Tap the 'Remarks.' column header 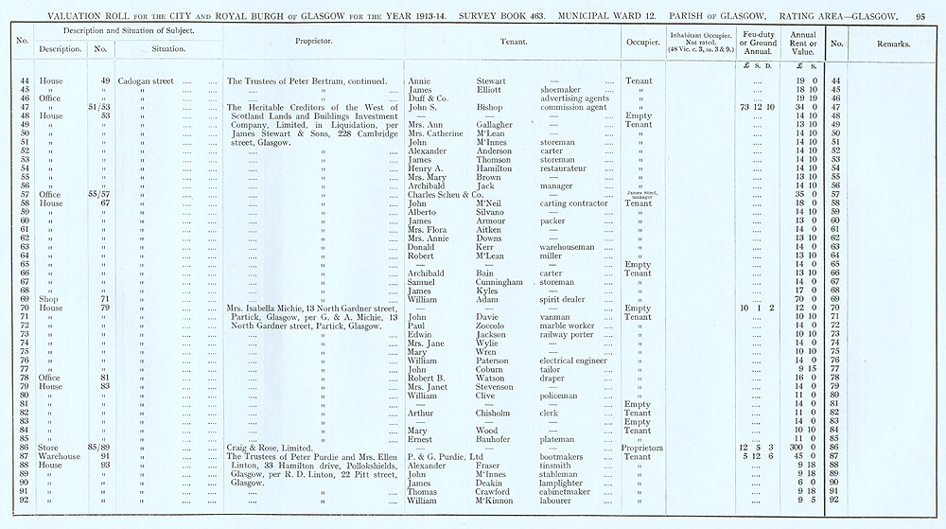(x=892, y=44)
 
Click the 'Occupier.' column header (x=641, y=43)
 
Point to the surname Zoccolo (x=495, y=326)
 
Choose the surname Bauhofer (x=498, y=439)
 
